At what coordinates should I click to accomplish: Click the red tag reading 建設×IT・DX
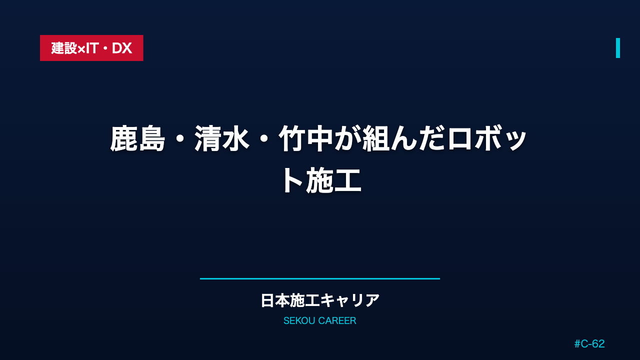pos(91,48)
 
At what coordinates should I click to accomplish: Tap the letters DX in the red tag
pos(122,48)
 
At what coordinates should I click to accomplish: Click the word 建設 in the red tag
pos(64,48)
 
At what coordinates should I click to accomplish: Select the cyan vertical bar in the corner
pos(617,48)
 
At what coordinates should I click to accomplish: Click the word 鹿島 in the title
pos(137,138)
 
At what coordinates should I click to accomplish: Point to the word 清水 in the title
pos(222,138)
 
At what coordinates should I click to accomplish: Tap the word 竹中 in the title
pos(306,138)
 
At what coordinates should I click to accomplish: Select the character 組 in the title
pos(376,138)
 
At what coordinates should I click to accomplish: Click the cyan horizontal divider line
pos(320,278)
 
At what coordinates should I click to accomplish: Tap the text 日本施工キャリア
pos(320,300)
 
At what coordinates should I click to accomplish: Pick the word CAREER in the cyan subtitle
pos(337,321)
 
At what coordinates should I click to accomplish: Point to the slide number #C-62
pos(589,343)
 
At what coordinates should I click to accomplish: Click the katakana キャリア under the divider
pos(349,300)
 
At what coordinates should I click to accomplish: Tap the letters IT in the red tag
pos(92,48)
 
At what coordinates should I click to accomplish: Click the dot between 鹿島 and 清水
pos(180,139)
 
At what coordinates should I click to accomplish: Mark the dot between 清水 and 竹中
pos(264,139)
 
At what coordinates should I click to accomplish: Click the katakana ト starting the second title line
pos(292,181)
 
